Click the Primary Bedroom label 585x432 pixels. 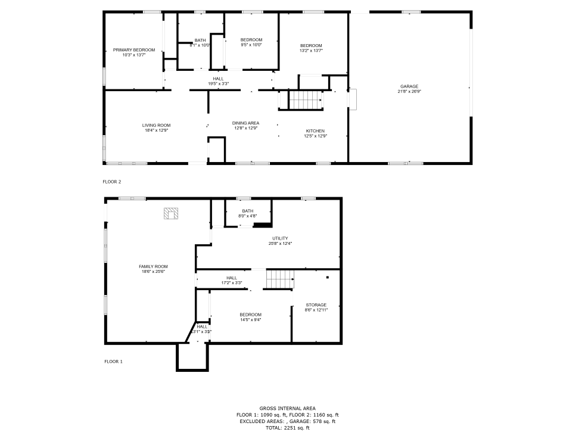point(134,50)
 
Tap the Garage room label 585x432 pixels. point(409,86)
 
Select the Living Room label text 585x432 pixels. point(156,125)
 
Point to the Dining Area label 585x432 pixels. point(245,123)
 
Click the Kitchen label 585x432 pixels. point(315,131)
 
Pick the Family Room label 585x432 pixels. point(153,266)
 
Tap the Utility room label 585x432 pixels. point(280,238)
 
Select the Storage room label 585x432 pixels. point(316,305)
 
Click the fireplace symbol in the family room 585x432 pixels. point(171,213)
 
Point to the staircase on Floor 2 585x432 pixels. point(305,100)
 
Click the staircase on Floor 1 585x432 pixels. point(280,279)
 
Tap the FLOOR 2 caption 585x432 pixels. point(112,182)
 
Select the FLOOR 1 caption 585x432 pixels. point(113,362)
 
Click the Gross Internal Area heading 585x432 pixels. point(288,409)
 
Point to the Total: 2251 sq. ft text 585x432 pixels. point(288,428)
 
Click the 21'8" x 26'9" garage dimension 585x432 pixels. point(409,91)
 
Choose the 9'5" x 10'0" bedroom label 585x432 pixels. point(251,45)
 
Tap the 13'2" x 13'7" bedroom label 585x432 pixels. point(311,51)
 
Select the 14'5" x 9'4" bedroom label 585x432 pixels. point(251,319)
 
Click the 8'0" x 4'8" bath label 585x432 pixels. point(248,216)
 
